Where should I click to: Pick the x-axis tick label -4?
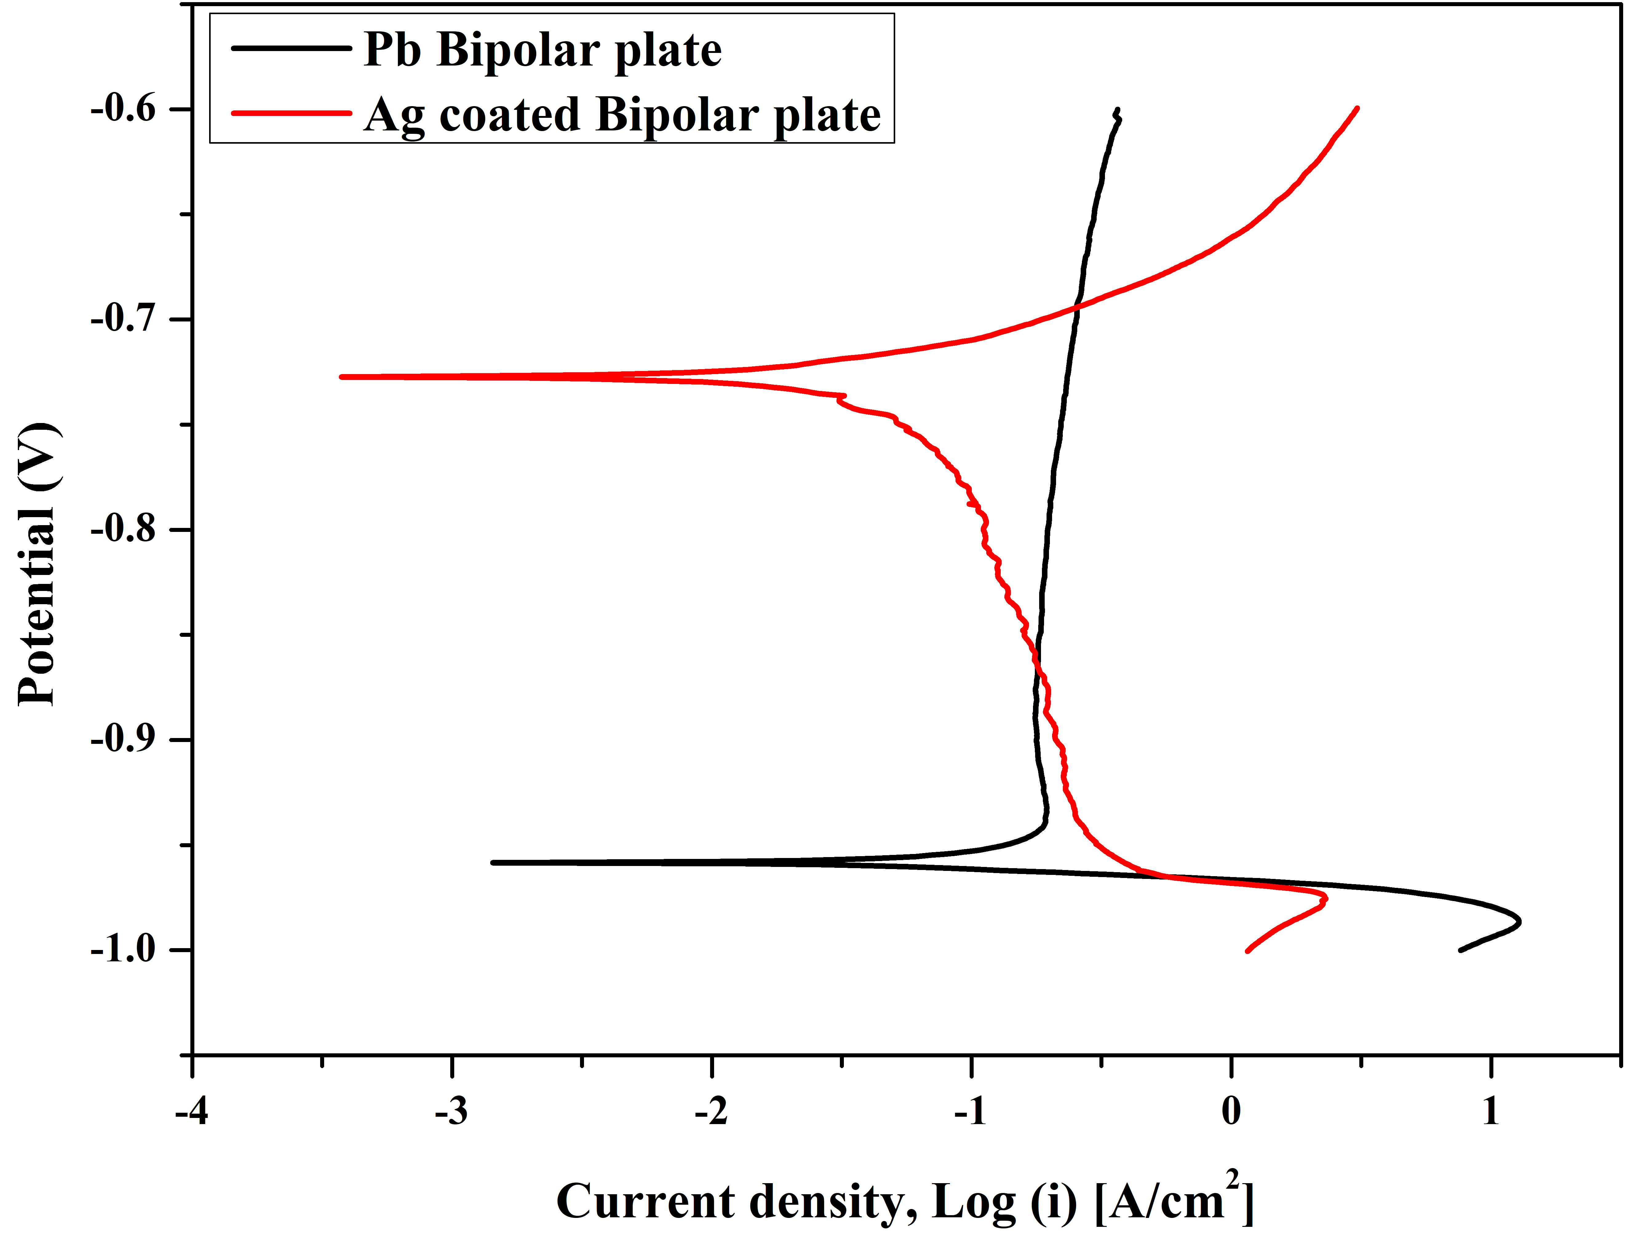tap(192, 1112)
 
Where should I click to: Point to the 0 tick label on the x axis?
tap(1231, 1112)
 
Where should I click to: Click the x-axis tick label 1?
tap(1491, 1112)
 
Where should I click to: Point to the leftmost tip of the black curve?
tap(493, 863)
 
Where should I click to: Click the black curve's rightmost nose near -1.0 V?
tap(1519, 921)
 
